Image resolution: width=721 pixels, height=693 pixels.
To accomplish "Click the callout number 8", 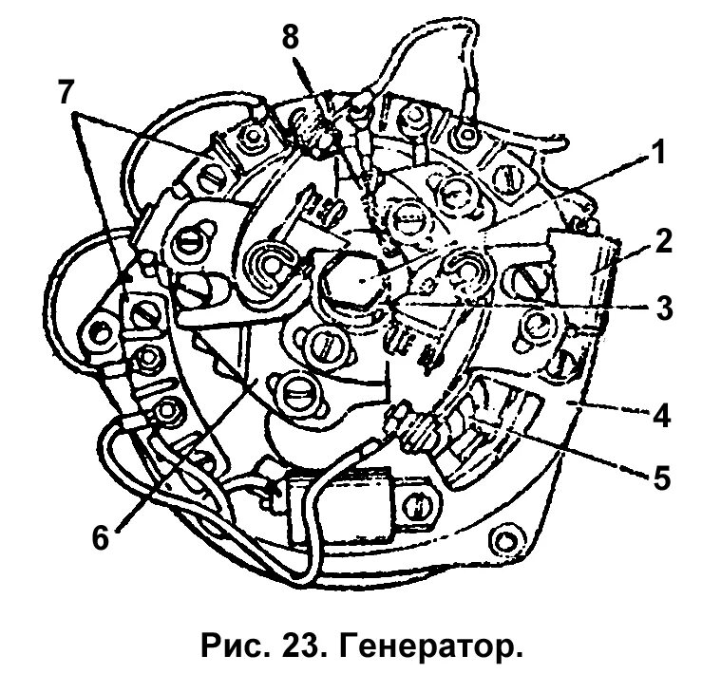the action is point(292,39).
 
